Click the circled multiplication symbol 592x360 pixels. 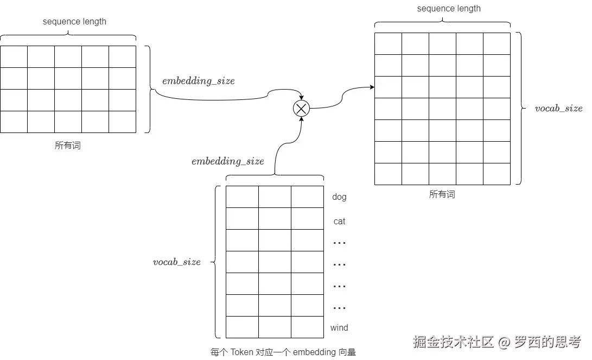coord(301,109)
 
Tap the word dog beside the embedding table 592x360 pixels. coord(339,197)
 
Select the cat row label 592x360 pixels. coord(339,222)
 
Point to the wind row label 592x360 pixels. coord(339,328)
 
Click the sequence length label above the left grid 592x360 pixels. coord(74,22)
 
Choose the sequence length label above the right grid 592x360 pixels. coord(449,9)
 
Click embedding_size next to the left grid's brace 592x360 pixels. coord(199,81)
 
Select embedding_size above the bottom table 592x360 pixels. coord(228,161)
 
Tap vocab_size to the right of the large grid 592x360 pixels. coord(558,108)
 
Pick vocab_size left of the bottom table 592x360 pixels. coord(177,262)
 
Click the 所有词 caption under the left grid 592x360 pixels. coord(68,146)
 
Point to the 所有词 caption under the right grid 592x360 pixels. coord(442,194)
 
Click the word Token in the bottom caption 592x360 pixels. coord(241,352)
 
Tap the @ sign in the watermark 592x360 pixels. coord(505,343)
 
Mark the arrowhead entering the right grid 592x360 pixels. coord(372,87)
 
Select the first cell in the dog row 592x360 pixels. coord(242,197)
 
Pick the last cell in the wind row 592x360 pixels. coord(307,327)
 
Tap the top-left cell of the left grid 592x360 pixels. coord(14,56)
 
